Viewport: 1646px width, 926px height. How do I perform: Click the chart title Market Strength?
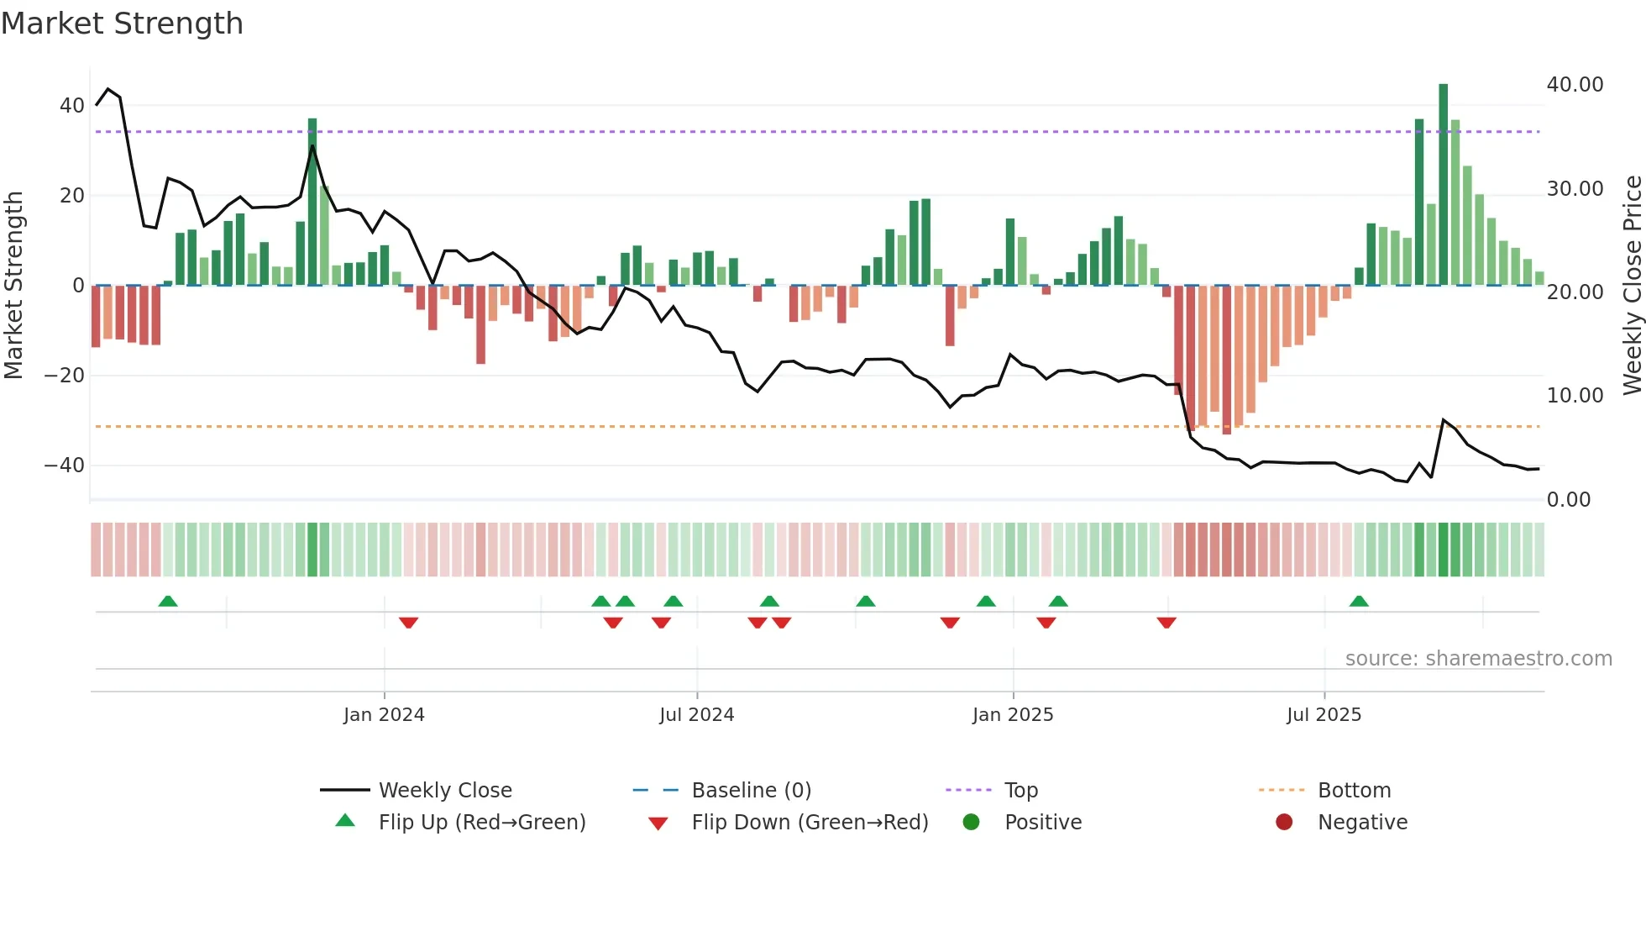click(x=123, y=24)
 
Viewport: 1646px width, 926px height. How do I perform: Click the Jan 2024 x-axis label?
click(x=384, y=715)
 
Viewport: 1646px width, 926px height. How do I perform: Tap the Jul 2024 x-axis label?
click(x=696, y=715)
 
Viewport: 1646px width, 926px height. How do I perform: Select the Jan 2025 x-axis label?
click(x=1013, y=715)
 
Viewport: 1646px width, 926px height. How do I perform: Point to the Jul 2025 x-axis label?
click(x=1324, y=715)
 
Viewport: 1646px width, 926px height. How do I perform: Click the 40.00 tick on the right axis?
click(x=1575, y=85)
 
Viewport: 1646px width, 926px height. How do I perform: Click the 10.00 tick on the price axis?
click(x=1575, y=396)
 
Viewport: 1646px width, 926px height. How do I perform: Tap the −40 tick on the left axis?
click(x=65, y=466)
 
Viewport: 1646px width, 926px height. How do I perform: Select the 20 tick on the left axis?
click(x=71, y=196)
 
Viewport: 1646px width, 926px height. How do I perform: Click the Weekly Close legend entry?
click(x=444, y=791)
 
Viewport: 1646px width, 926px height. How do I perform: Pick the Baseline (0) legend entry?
click(x=751, y=791)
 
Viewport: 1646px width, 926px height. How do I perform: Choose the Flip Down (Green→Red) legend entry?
click(x=809, y=823)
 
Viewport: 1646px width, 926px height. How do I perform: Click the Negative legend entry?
click(x=1361, y=823)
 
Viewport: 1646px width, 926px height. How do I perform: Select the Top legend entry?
click(x=1020, y=791)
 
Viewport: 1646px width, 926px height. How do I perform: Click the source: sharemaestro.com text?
click(x=1478, y=659)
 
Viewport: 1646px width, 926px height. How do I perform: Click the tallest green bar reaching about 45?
click(x=1443, y=185)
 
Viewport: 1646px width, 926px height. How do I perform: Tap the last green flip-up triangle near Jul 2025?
click(x=1359, y=601)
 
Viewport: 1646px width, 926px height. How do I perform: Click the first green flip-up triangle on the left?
click(x=168, y=601)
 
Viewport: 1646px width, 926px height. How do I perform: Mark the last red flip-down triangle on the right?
click(x=1166, y=623)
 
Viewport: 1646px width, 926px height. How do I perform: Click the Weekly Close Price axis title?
click(x=1632, y=286)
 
